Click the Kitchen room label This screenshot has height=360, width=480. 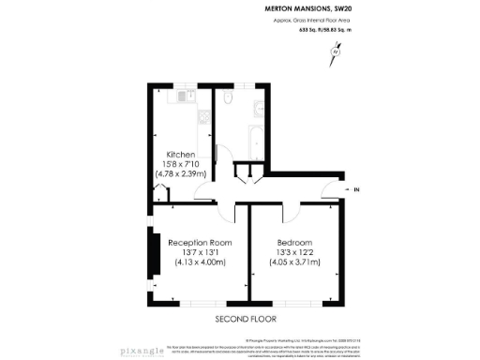pos(181,154)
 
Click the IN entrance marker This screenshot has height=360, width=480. pos(356,191)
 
